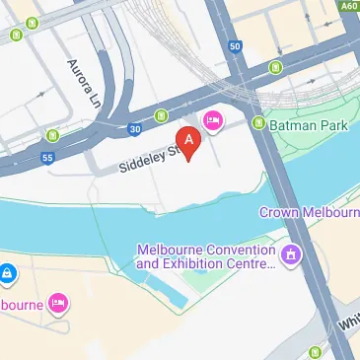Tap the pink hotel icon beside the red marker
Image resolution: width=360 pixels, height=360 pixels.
211,121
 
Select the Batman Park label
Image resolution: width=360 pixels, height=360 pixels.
305,124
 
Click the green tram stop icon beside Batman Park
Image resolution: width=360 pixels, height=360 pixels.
258,124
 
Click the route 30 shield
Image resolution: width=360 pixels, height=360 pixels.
133,127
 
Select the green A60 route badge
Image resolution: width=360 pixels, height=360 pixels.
347,6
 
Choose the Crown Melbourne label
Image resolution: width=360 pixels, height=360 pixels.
310,213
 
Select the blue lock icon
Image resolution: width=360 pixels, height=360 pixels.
6,271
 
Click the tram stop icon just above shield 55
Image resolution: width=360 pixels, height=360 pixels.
52,135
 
